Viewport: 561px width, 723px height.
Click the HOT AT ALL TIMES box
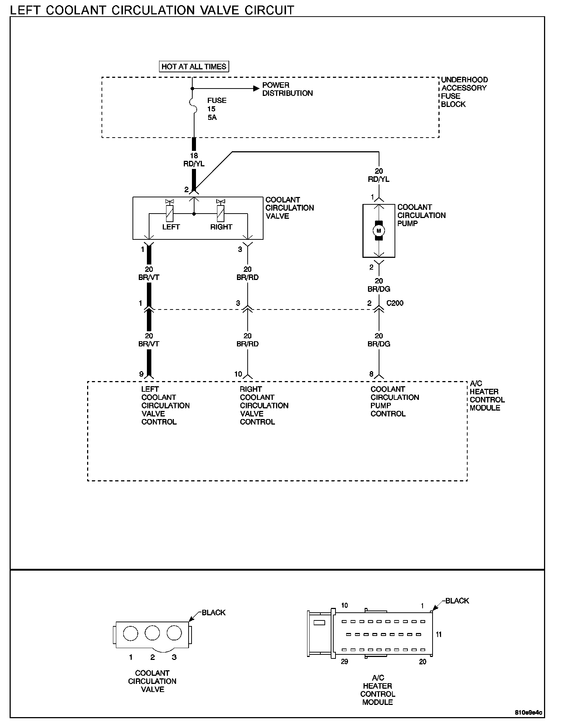(x=194, y=66)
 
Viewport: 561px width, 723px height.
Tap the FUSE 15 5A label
(x=217, y=109)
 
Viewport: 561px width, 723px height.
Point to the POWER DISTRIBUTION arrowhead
(x=256, y=89)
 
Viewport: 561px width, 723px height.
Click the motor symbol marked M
(x=379, y=231)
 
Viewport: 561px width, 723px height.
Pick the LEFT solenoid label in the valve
(x=171, y=227)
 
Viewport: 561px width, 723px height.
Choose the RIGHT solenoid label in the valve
(x=221, y=227)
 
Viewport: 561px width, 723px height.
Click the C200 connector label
(x=395, y=303)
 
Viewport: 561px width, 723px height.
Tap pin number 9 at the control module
(x=141, y=374)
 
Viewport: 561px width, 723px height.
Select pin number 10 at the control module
(x=238, y=374)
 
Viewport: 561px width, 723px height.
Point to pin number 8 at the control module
(x=371, y=374)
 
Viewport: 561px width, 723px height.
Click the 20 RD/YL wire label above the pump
(x=379, y=175)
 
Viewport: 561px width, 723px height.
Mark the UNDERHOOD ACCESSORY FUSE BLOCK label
(x=464, y=92)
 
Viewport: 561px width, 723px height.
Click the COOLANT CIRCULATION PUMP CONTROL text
(x=395, y=401)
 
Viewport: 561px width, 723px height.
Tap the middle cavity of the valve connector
(x=152, y=633)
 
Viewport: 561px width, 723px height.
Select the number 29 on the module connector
(x=344, y=662)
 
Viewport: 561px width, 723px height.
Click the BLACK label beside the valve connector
(x=213, y=612)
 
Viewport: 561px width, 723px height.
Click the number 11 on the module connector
(x=439, y=634)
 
